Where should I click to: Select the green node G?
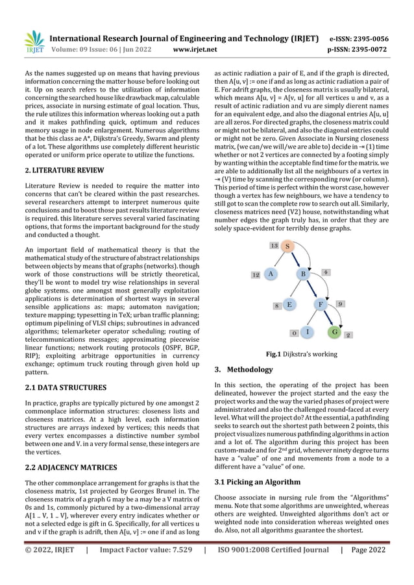pyautogui.click(x=334, y=332)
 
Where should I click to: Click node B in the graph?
pyautogui.click(x=303, y=274)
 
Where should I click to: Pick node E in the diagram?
pyautogui.click(x=289, y=304)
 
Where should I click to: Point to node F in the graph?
pyautogui.click(x=321, y=304)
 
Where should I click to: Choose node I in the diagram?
pyautogui.click(x=308, y=332)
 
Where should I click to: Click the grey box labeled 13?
pyautogui.click(x=274, y=246)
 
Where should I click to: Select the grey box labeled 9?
pyautogui.click(x=341, y=304)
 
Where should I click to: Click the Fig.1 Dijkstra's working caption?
pyautogui.click(x=303, y=354)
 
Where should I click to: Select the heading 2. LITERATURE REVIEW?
pyautogui.click(x=64, y=170)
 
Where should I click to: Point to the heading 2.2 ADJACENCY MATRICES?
pyautogui.click(x=71, y=467)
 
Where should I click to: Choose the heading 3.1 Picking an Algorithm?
pyautogui.click(x=258, y=482)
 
